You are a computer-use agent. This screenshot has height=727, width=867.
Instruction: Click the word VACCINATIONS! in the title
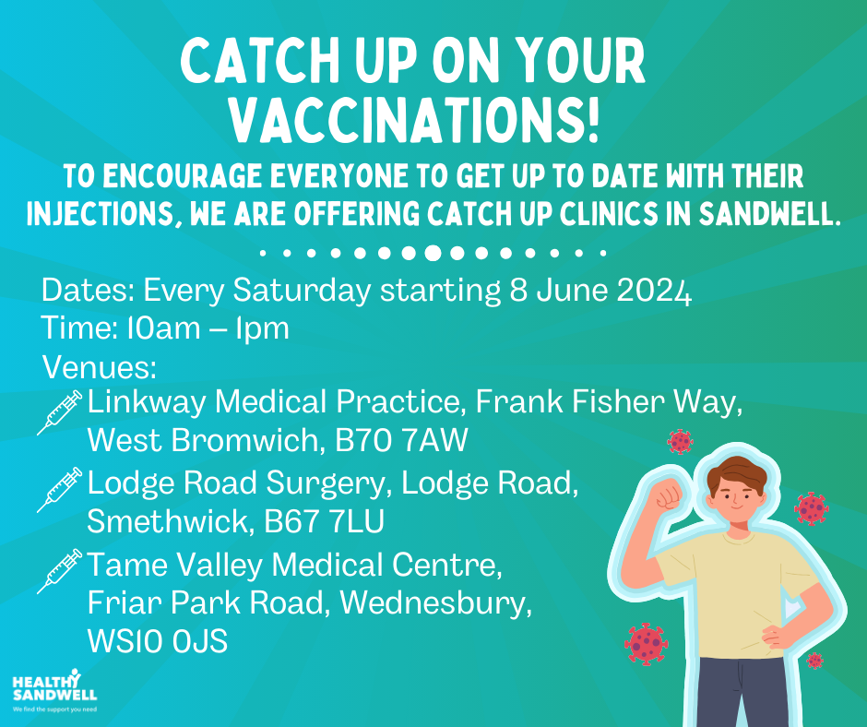tap(414, 120)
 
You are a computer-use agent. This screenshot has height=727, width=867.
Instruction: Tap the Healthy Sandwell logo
tap(54, 690)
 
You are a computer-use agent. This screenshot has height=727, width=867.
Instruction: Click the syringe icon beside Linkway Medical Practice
tap(60, 412)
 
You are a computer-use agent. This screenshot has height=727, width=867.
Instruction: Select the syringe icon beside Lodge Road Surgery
tap(60, 490)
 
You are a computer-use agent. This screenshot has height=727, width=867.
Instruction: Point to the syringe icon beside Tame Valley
tap(60, 571)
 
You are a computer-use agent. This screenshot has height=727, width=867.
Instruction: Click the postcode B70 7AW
tap(401, 440)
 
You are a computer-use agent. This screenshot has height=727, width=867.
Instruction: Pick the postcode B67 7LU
tap(324, 521)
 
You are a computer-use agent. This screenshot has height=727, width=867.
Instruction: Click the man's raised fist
tap(670, 494)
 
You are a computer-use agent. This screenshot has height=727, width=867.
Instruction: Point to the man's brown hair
tap(737, 475)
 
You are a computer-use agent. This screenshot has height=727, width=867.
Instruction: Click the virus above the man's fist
tap(680, 442)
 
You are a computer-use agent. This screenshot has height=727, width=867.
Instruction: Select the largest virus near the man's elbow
tap(646, 643)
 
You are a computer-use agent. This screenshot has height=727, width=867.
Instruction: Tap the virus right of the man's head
tap(811, 508)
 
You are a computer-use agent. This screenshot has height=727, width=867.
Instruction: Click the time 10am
tap(163, 328)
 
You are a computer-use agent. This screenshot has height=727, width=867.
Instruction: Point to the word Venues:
tap(100, 367)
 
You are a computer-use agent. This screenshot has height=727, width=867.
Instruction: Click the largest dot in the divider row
tap(433, 253)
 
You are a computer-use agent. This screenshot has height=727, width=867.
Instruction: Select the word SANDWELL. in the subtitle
tap(769, 213)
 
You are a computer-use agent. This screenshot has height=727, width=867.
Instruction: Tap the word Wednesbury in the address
tap(435, 603)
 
